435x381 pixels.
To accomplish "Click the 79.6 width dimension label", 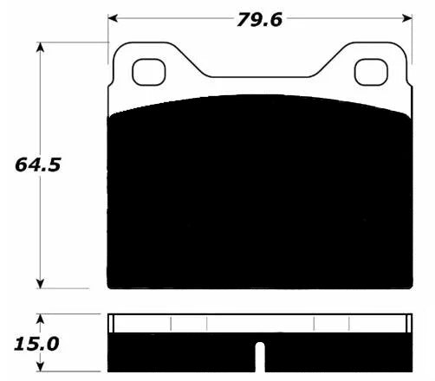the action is coord(259,20).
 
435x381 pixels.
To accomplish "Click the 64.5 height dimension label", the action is coord(38,165).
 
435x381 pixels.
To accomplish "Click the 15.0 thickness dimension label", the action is coord(36,344).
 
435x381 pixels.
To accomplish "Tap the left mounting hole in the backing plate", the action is coord(149,72).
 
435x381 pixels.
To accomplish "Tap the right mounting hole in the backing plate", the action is coord(371,72).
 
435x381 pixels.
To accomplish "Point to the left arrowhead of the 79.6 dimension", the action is coord(113,18).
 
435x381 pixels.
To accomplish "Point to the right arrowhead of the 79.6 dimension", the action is coord(407,18).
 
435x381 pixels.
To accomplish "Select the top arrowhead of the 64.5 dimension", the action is coord(41,47).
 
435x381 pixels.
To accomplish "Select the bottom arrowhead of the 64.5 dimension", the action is coord(41,283).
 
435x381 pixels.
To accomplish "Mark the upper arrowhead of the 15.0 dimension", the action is coord(41,319).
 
